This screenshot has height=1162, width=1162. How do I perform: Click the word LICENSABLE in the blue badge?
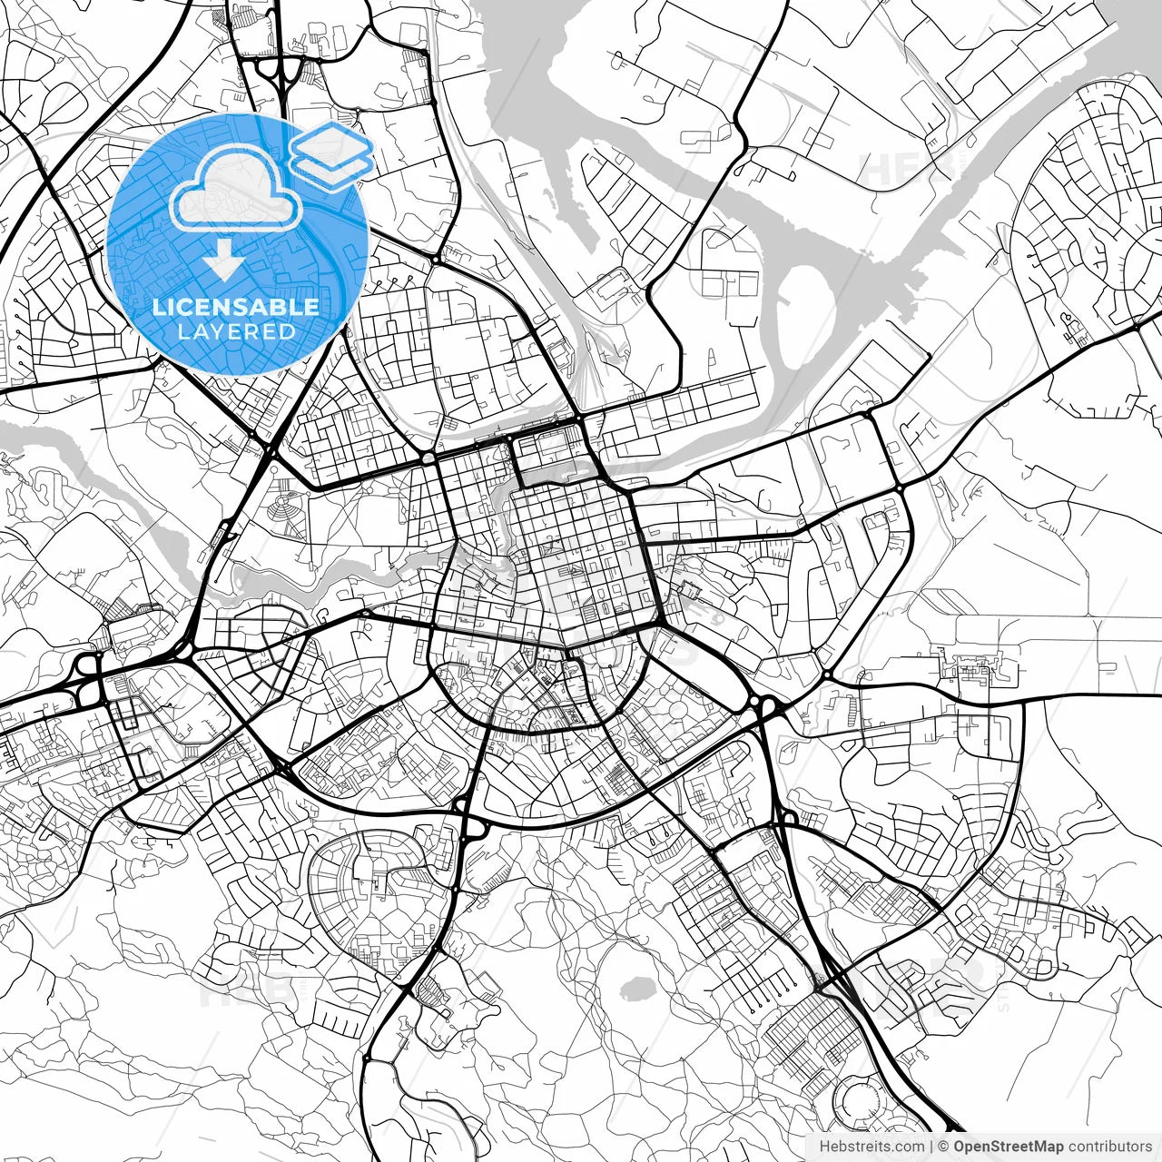[x=236, y=307]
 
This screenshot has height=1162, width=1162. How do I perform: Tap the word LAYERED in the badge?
[x=236, y=331]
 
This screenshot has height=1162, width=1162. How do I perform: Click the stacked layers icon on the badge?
[x=332, y=152]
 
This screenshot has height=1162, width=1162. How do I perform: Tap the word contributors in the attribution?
[x=1110, y=1147]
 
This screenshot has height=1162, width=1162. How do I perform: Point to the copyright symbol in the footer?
[x=943, y=1147]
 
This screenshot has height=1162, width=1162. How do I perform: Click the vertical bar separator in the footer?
[x=931, y=1147]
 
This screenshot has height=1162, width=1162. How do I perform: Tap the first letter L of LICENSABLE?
[x=157, y=307]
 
